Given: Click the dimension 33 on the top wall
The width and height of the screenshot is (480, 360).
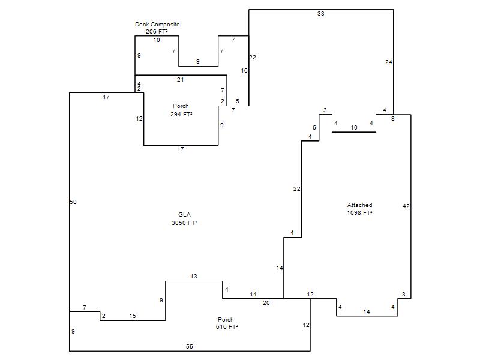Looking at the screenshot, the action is [321, 13].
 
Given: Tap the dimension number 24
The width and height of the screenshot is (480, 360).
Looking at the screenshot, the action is [388, 62].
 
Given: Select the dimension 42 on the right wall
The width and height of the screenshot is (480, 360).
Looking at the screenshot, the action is [406, 206].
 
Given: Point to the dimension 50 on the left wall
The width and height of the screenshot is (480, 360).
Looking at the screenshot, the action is [73, 202].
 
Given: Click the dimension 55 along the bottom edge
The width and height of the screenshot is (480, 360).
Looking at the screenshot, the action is [190, 347].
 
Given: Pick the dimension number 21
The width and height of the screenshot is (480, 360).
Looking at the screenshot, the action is [181, 80].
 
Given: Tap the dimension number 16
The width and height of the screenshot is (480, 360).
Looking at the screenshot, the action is [244, 71].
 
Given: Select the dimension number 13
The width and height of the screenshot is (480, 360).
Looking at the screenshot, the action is [194, 277].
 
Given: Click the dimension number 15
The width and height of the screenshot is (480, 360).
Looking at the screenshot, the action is [133, 316].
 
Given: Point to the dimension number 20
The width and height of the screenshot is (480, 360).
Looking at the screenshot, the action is [266, 303].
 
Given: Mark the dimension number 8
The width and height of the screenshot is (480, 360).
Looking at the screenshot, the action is [393, 119].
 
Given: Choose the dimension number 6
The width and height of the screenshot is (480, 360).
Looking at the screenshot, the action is [314, 128].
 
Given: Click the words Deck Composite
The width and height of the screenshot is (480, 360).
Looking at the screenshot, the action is [157, 25].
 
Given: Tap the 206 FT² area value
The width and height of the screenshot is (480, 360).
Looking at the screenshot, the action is [157, 32].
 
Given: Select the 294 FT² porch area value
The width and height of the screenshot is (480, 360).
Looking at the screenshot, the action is [181, 114].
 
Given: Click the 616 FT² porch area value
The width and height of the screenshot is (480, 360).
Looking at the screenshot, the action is [227, 326].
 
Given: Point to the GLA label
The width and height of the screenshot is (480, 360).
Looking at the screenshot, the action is [184, 215].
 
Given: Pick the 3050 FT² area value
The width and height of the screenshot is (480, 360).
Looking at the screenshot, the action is [184, 223].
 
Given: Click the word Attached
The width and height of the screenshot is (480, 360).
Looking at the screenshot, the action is [359, 205].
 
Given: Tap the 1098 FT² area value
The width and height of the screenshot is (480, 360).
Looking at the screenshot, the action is [359, 213].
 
